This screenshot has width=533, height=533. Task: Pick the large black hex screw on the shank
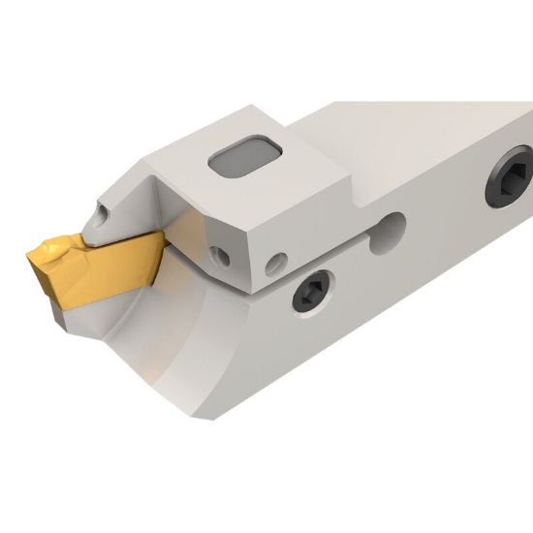(x=512, y=176)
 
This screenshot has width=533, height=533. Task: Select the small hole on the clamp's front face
(x=223, y=256)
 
